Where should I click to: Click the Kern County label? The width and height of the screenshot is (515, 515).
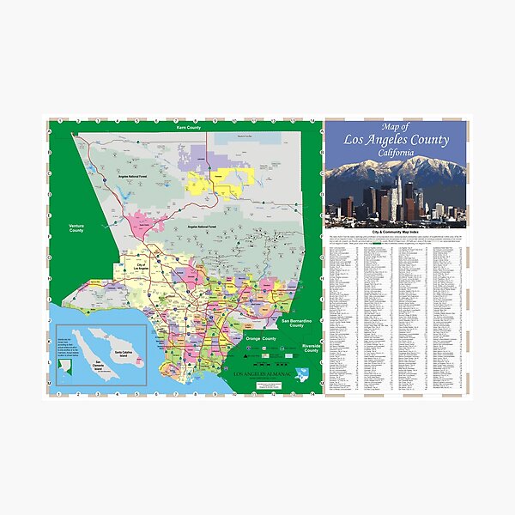(188, 127)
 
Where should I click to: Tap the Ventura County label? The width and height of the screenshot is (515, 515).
(77, 228)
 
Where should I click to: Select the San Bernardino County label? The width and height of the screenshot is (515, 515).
(297, 323)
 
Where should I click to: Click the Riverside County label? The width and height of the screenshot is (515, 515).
(311, 348)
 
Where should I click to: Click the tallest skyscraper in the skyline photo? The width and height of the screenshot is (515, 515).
(398, 194)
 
